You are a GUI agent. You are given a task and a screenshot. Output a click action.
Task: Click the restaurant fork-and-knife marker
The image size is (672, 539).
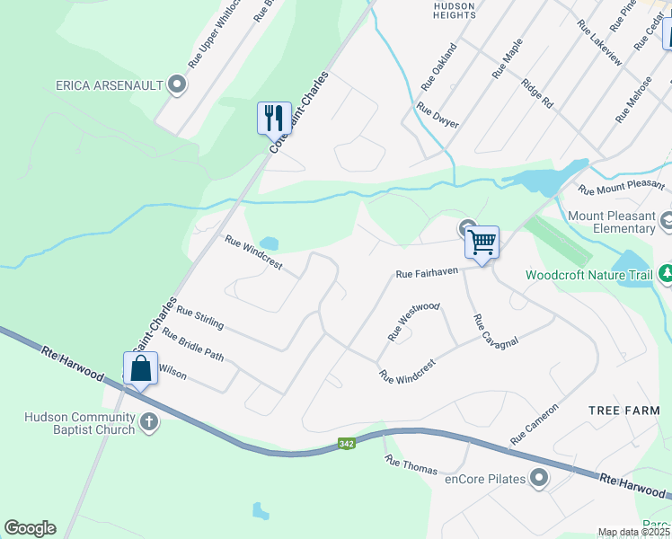pos(274,118)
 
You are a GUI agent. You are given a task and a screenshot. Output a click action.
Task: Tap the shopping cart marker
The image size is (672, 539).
pos(482,241)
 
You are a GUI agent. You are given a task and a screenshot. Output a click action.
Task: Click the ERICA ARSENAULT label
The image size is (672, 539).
pos(110,85)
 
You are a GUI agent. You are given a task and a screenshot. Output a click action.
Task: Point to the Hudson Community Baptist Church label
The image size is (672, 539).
pos(80,423)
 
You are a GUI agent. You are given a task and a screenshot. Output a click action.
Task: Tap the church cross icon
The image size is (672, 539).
pos(149,420)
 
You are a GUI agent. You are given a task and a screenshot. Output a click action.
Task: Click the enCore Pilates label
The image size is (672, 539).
pos(485,479)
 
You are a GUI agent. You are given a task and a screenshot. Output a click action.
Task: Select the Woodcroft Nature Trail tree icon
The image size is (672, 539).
pos(666,274)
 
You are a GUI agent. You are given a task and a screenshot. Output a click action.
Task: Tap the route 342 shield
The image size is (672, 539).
pos(347,444)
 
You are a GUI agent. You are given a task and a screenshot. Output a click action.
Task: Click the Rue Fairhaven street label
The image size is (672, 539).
pos(427,272)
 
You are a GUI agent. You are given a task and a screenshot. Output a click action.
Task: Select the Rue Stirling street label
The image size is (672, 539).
pos(199,317)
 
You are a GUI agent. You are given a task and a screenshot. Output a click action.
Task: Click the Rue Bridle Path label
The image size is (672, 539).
pos(192,344)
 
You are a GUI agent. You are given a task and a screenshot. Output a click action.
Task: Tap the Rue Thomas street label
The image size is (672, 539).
pos(411,464)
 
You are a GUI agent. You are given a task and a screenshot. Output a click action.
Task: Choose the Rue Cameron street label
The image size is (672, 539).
pos(535,424)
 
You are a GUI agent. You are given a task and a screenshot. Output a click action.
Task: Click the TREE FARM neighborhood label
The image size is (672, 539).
pos(623,410)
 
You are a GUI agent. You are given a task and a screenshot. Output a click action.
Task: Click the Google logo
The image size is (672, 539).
pos(30,528)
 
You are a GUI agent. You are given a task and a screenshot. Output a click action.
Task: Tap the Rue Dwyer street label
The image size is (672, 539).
pos(438,115)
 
